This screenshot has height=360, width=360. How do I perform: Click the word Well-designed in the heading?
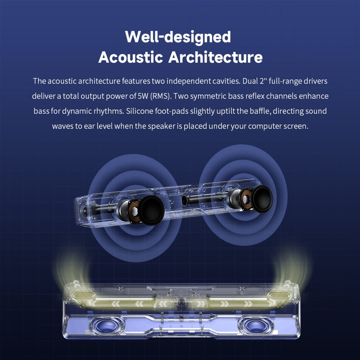point(178,37)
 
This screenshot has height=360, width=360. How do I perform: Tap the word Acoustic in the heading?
point(130,57)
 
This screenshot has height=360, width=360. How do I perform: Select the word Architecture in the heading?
point(215,57)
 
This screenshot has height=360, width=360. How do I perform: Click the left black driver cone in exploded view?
point(152,210)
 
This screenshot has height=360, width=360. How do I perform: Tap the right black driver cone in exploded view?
point(263,198)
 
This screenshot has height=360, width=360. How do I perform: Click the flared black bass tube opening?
point(184,200)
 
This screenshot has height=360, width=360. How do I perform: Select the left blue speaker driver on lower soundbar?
point(107,325)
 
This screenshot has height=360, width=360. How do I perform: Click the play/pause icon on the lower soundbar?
point(181,326)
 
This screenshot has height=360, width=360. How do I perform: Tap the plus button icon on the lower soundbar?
point(171,326)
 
